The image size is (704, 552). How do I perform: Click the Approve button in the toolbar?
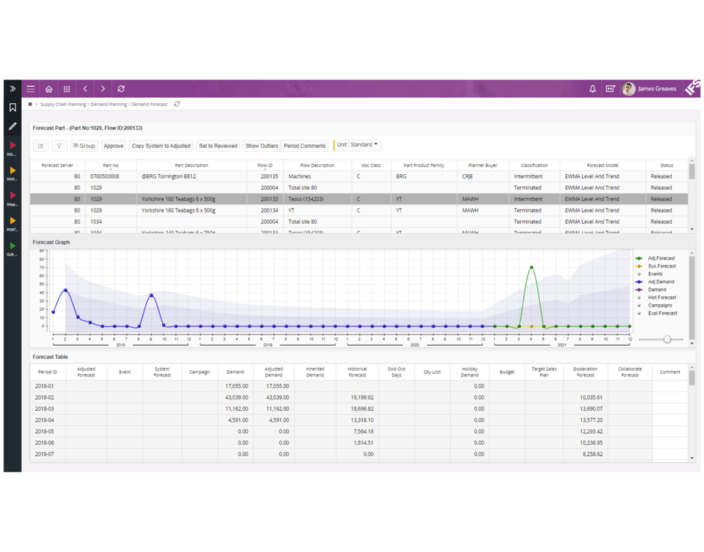(114, 146)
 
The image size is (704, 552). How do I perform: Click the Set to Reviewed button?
(217, 146)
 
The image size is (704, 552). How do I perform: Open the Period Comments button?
(305, 146)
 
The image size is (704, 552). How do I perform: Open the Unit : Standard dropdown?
(358, 145)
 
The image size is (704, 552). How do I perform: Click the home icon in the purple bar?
(49, 89)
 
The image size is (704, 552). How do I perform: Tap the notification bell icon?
(592, 89)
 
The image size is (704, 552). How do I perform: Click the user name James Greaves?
(657, 89)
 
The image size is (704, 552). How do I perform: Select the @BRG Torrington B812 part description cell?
(178, 176)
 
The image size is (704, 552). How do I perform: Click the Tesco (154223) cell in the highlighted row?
(311, 199)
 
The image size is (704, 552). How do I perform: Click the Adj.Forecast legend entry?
(661, 258)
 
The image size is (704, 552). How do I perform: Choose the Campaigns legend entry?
(661, 305)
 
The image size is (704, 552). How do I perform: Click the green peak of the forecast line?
(531, 267)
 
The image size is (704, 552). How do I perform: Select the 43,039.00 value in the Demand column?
(236, 397)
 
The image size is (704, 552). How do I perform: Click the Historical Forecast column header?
(357, 371)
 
